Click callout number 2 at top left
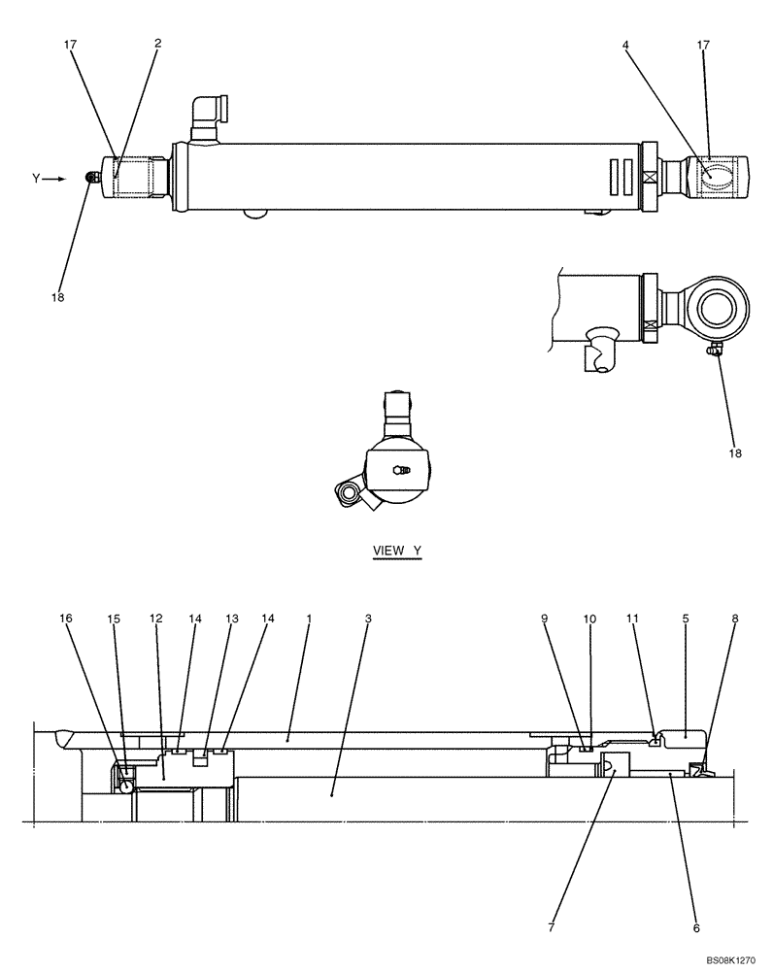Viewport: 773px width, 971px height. pyautogui.click(x=157, y=43)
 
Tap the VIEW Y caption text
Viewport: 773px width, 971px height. pyautogui.click(x=398, y=551)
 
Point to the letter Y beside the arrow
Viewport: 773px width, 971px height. pyautogui.click(x=36, y=179)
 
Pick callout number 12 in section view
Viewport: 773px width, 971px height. pyautogui.click(x=155, y=618)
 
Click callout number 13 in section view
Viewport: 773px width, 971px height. pyautogui.click(x=231, y=618)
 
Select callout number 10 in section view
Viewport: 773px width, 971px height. pyautogui.click(x=591, y=618)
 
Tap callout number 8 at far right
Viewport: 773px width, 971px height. pyautogui.click(x=733, y=618)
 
